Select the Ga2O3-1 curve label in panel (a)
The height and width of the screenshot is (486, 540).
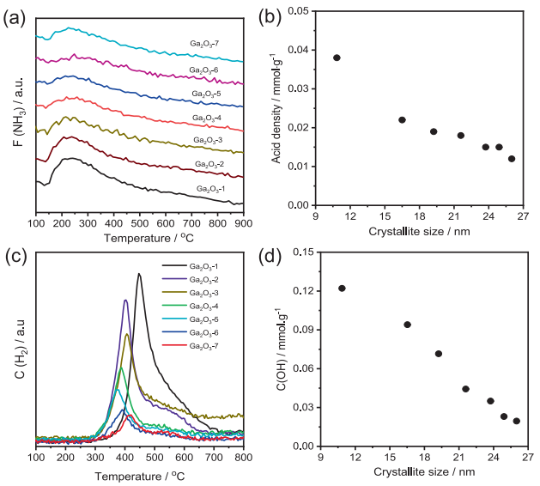click(210, 189)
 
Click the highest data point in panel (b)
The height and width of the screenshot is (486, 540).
click(337, 58)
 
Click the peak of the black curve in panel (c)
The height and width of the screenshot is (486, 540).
click(139, 274)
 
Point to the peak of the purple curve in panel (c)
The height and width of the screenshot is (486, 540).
click(125, 300)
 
